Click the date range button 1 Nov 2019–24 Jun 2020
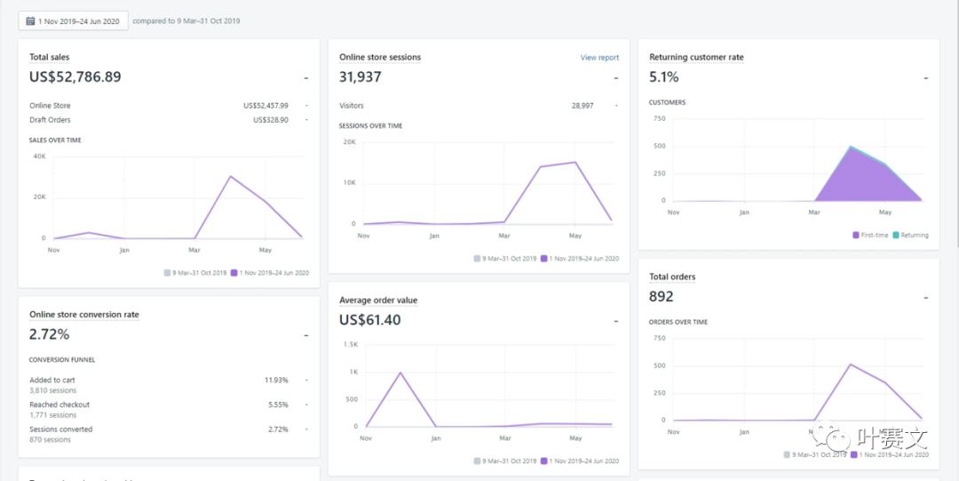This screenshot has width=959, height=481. pos(73,20)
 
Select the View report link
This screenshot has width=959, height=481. pos(599,58)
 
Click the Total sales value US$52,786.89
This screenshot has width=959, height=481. pos(75,77)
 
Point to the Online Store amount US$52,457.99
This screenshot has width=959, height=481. pos(266,106)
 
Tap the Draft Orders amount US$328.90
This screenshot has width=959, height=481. pos(270,120)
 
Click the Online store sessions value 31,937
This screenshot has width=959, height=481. pos(360,77)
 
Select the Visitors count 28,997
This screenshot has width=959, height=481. pos(583,106)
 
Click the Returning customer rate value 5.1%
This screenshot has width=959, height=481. pos(664,77)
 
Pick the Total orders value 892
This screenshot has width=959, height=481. pos(662,296)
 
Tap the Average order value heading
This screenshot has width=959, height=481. pos(378,301)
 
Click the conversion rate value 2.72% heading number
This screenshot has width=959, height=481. pos(49,334)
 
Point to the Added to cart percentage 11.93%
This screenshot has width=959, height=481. pos(276,381)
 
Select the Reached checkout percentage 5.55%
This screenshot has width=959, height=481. pos(278,405)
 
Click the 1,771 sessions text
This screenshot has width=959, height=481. pos(52,415)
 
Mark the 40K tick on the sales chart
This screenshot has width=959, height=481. pos(39,156)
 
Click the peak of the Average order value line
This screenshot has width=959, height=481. pos(400,373)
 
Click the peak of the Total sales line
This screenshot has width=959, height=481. pos(230,176)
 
